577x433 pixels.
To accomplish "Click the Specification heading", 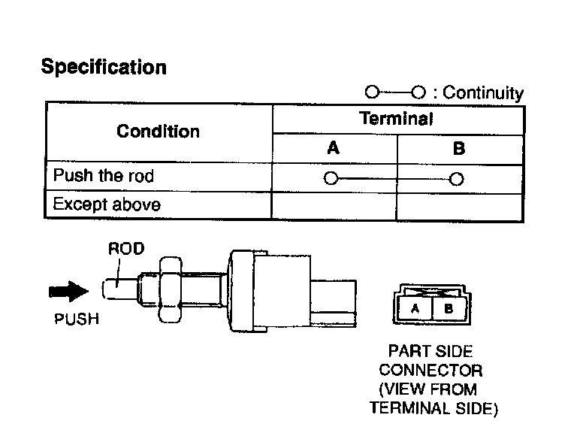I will click(x=104, y=67).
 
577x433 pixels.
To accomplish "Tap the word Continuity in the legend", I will click(x=483, y=93).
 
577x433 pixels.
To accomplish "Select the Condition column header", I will click(x=158, y=132).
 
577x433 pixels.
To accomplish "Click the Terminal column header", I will click(x=396, y=118).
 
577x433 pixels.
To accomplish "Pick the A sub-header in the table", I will click(x=333, y=148).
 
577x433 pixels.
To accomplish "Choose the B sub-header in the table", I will click(x=458, y=148).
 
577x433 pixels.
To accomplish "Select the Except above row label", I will click(x=107, y=204).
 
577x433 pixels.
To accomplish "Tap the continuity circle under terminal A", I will click(x=329, y=179).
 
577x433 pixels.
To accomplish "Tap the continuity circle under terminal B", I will click(x=455, y=179).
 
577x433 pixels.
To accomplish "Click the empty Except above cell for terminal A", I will click(x=333, y=205).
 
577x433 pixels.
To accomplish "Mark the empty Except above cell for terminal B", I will click(x=458, y=205).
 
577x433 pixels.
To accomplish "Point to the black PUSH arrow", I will click(x=67, y=290).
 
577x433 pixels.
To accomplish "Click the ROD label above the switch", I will click(x=126, y=249).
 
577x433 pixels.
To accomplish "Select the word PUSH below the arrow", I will click(x=77, y=319).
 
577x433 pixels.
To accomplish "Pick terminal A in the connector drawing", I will click(x=415, y=308).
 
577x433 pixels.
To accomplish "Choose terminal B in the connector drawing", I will click(x=448, y=308).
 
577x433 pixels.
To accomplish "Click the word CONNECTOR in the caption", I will click(x=430, y=370).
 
